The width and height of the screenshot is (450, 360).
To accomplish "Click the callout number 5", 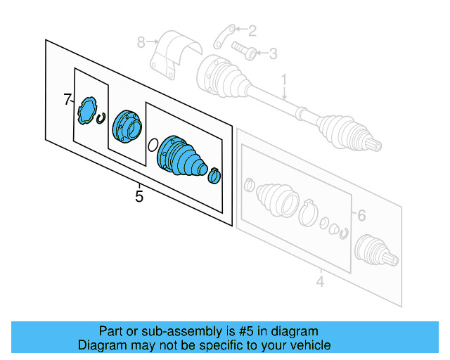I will (x=139, y=197).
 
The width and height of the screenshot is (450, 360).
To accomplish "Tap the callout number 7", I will (x=67, y=100).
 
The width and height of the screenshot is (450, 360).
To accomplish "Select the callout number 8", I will (x=141, y=42).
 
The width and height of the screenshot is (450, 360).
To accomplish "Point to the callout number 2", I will (x=252, y=30).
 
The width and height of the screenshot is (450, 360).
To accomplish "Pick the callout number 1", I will (x=285, y=80).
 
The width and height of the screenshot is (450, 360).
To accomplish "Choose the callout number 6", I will (x=361, y=216).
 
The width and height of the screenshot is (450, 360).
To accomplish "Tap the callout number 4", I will (x=320, y=283).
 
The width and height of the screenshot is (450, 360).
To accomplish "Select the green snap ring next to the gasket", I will (x=101, y=118).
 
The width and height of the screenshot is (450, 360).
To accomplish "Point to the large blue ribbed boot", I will (x=181, y=155).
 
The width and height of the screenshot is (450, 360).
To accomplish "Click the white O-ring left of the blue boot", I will (x=151, y=146).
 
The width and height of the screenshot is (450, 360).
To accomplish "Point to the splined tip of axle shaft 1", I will (x=376, y=146).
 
